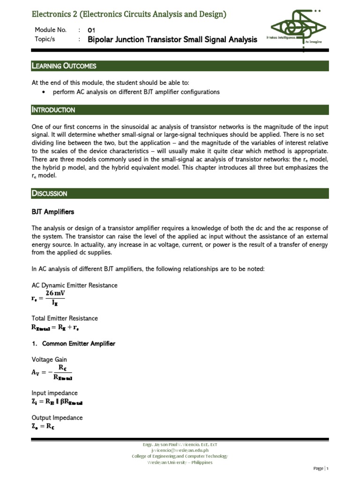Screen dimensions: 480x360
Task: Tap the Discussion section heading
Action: click(x=49, y=194)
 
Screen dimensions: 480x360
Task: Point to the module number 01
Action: click(x=91, y=30)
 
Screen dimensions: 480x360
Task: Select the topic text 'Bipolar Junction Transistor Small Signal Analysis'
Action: click(x=172, y=40)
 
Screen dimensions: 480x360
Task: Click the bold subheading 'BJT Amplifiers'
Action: click(x=52, y=212)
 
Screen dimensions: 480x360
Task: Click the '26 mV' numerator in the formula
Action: click(x=55, y=293)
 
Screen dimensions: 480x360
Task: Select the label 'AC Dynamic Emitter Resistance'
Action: click(x=75, y=285)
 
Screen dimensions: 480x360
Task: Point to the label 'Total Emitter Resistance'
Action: click(x=65, y=318)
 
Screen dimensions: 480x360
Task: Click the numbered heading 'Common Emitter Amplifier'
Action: click(x=78, y=344)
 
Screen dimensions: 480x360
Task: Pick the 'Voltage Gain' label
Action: click(x=49, y=360)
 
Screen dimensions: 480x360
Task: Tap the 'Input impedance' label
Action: click(x=54, y=393)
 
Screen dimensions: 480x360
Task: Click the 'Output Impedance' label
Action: click(x=57, y=418)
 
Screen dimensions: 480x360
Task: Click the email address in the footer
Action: click(x=180, y=450)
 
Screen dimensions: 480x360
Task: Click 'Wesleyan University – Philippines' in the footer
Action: click(x=180, y=462)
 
